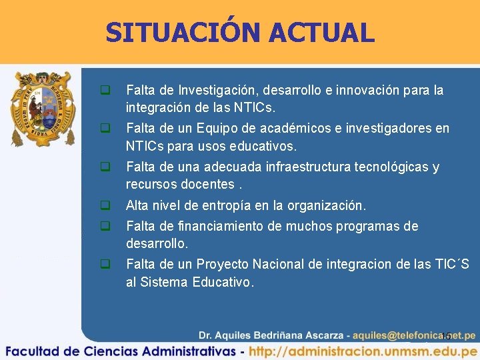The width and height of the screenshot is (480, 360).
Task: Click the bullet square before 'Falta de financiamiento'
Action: pyautogui.click(x=105, y=226)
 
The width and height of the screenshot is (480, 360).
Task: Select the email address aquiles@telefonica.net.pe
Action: pyautogui.click(x=414, y=335)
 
